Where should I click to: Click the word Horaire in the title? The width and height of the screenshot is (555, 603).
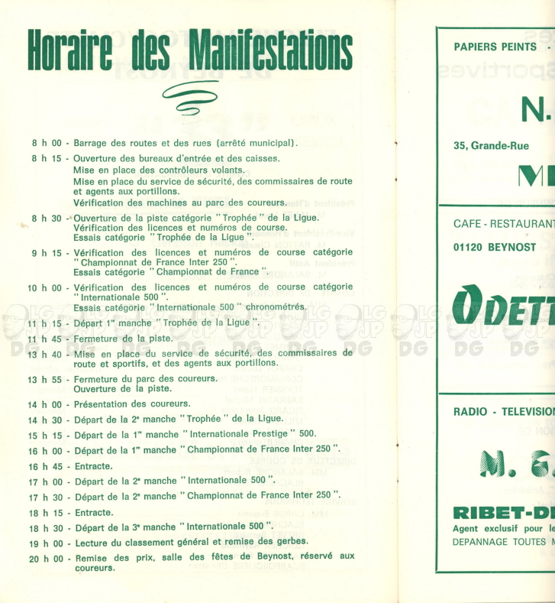[71, 50]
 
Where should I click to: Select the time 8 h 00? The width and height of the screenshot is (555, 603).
[47, 143]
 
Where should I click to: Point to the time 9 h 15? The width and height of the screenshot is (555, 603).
[47, 252]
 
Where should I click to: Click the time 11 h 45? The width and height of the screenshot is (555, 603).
[44, 339]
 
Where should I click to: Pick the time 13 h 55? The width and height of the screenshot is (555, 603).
[44, 380]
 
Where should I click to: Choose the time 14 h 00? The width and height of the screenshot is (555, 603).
[44, 404]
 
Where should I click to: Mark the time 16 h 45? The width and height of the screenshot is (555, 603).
[44, 466]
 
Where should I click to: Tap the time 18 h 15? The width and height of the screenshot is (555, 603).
[44, 512]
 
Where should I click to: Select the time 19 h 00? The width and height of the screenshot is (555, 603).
[44, 543]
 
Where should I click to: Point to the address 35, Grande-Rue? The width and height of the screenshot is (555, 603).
[491, 145]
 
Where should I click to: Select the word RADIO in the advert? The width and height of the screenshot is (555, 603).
[470, 411]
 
